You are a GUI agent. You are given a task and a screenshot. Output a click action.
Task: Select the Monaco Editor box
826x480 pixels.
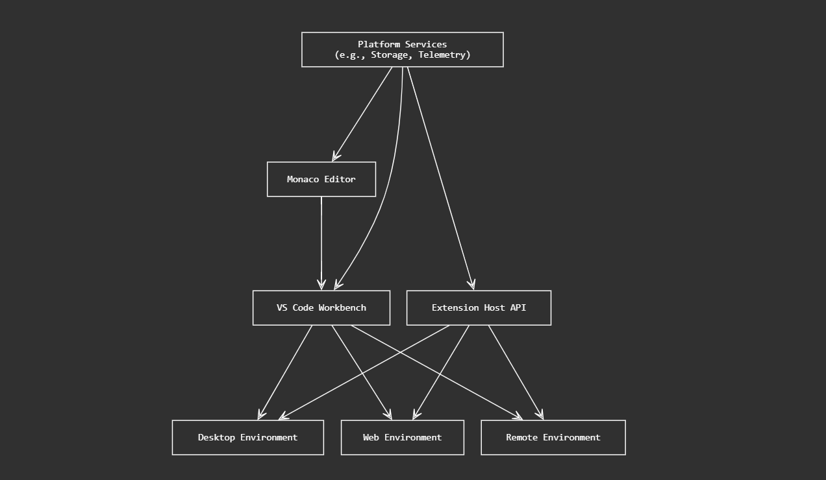[321, 179]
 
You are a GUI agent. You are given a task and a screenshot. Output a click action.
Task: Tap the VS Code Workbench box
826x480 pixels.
[321, 307]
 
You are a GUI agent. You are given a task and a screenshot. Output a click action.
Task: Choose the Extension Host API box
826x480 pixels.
[479, 307]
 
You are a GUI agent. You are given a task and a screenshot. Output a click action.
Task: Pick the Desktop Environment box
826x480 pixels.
[247, 437]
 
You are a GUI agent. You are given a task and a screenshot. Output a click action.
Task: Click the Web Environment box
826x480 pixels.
[402, 437]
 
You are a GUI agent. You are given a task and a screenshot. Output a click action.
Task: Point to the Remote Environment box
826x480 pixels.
[553, 437]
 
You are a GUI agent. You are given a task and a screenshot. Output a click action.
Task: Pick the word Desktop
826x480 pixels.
[216, 437]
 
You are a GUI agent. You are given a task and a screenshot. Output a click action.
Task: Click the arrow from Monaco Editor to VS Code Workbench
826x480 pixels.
[321, 240]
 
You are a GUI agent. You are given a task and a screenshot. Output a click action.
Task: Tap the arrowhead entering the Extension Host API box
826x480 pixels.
[472, 284]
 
